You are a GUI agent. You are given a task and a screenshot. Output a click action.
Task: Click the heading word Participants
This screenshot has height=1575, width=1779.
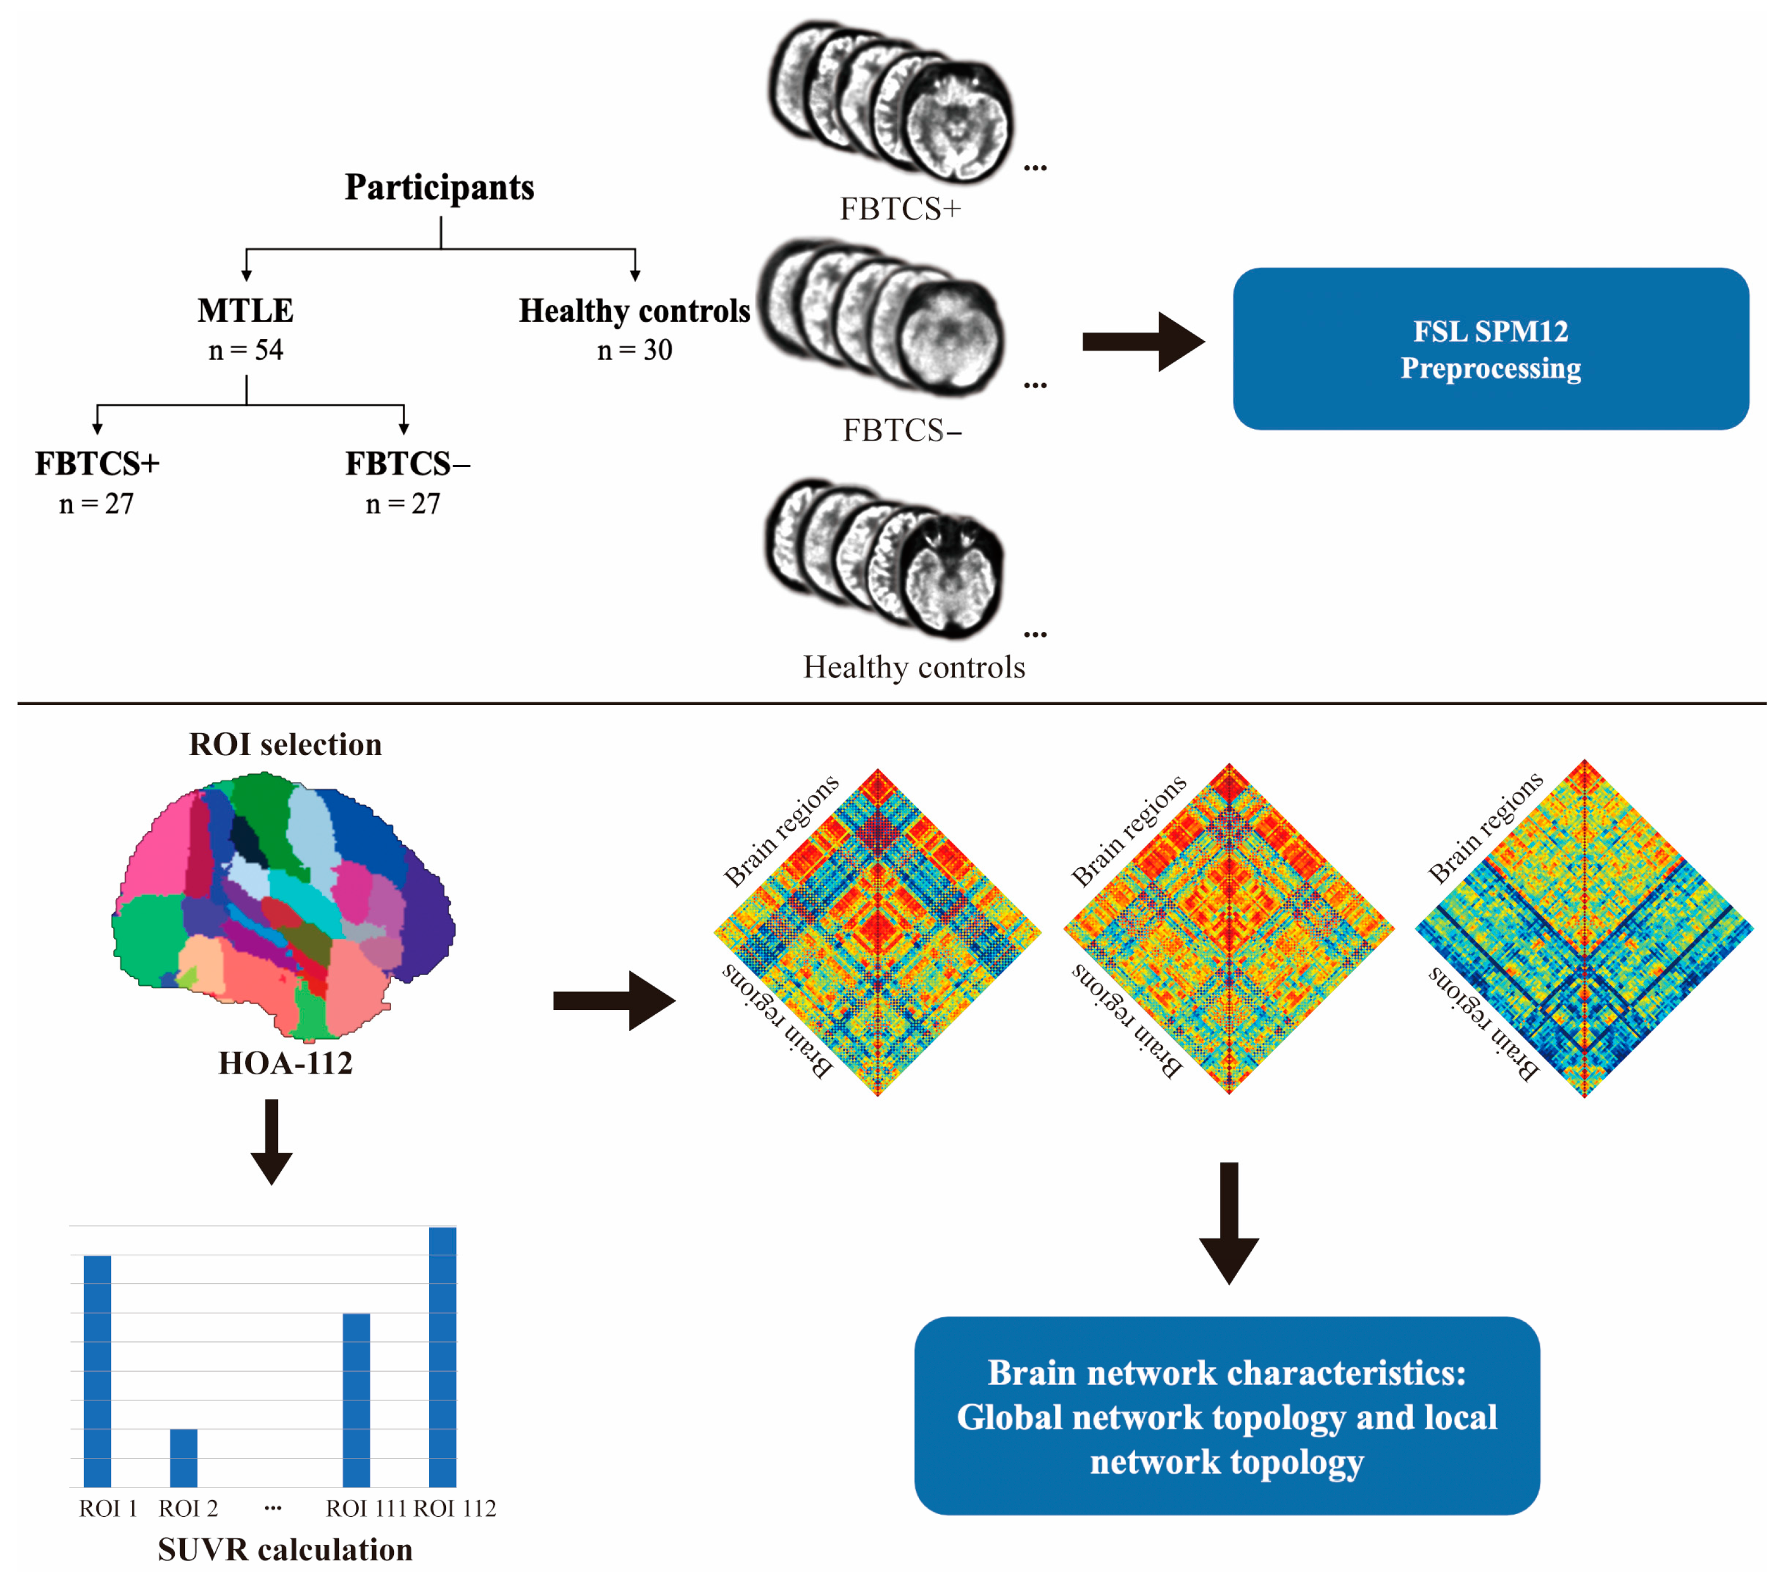439,187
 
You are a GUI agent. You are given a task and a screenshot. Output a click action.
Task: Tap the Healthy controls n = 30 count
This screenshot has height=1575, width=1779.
634,350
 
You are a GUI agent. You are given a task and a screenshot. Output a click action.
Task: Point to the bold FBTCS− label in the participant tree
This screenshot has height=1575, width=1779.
406,464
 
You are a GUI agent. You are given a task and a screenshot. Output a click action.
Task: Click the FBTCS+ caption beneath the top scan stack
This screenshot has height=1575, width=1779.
900,209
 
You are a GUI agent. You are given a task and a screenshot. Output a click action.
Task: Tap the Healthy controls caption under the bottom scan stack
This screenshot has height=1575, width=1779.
914,668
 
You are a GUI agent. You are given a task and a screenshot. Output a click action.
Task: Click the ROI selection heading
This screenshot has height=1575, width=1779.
285,745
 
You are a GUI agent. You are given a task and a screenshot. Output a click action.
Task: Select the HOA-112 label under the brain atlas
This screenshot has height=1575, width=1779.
285,1063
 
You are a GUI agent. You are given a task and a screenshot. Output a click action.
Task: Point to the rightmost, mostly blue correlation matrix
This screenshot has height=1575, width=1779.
1584,929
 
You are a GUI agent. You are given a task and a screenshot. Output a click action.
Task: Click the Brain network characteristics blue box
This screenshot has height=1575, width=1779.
1227,1416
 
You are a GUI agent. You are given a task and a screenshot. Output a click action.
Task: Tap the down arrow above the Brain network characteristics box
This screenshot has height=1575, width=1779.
1229,1223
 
